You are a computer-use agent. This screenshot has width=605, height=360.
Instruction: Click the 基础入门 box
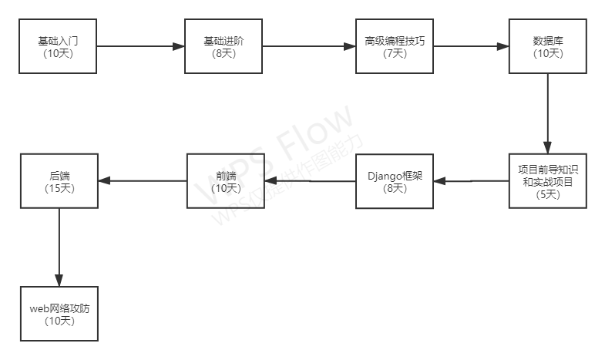coord(58,47)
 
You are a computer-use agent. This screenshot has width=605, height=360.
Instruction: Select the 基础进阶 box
coord(224,47)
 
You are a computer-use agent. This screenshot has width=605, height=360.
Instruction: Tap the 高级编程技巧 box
coord(395,47)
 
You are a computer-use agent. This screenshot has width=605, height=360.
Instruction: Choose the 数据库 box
coord(548,47)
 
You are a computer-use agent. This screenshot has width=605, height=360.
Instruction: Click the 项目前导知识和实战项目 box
coord(548,182)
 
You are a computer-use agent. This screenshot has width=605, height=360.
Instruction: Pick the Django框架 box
coord(395,182)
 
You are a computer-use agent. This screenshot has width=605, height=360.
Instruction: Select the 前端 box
coord(225,182)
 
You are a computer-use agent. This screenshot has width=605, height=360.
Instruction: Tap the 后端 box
coord(59,182)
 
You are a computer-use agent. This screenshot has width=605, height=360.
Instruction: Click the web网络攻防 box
coord(59,314)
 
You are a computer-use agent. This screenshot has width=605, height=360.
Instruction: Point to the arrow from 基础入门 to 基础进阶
coord(140,47)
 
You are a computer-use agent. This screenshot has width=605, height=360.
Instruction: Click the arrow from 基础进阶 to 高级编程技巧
coord(309,47)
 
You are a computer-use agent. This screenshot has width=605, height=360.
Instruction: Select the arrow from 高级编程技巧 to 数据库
coord(471,47)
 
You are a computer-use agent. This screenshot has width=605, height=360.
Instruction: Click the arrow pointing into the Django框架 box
coord(471,182)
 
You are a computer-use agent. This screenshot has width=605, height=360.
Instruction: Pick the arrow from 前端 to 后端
coord(143,182)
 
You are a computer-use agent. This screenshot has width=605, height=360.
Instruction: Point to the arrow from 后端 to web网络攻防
coord(59,247)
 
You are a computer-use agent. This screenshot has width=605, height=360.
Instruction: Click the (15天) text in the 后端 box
coord(59,189)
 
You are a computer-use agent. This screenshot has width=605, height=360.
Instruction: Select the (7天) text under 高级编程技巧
coord(395,54)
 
